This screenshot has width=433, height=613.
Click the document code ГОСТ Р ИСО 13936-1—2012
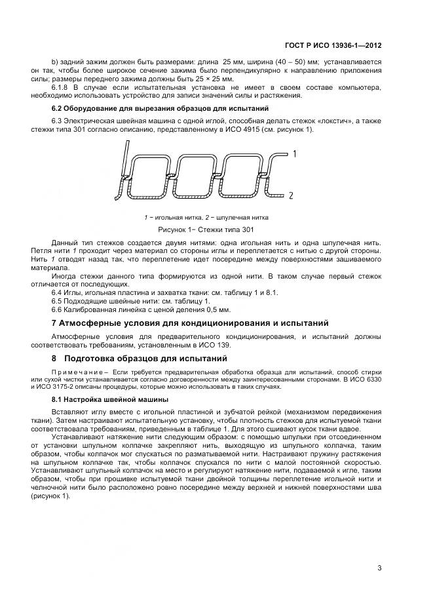point(333,46)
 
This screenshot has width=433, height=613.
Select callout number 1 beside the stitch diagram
point(295,154)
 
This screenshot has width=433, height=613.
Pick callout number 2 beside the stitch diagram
point(290,195)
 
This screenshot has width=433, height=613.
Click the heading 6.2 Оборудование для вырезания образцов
point(159,108)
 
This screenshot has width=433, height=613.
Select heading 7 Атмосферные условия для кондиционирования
point(185,324)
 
